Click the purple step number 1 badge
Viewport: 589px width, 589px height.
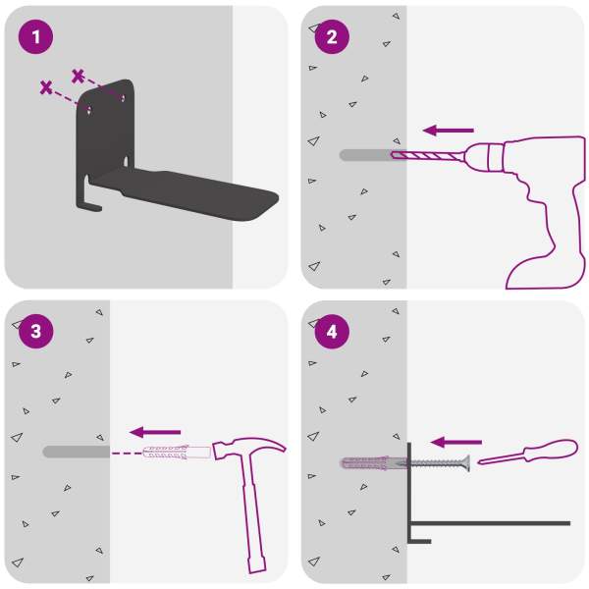(35, 37)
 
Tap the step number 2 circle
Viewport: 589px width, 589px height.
(332, 37)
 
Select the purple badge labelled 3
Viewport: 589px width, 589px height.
(35, 332)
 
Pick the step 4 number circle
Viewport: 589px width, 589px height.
(332, 332)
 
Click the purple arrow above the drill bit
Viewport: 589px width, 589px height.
(449, 131)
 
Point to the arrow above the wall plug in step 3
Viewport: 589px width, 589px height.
(155, 432)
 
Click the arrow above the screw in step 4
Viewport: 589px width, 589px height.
(456, 442)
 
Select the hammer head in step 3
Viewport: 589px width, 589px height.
(248, 447)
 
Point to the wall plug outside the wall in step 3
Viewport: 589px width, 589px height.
(177, 453)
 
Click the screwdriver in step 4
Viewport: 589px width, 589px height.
(528, 452)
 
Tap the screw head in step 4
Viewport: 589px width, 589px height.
(467, 462)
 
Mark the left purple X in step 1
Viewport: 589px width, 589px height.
(46, 87)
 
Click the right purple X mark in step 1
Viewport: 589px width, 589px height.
(78, 77)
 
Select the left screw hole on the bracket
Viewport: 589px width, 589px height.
(89, 110)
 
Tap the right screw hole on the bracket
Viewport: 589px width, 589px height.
(123, 98)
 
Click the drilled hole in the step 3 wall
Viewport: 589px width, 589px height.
(77, 452)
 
